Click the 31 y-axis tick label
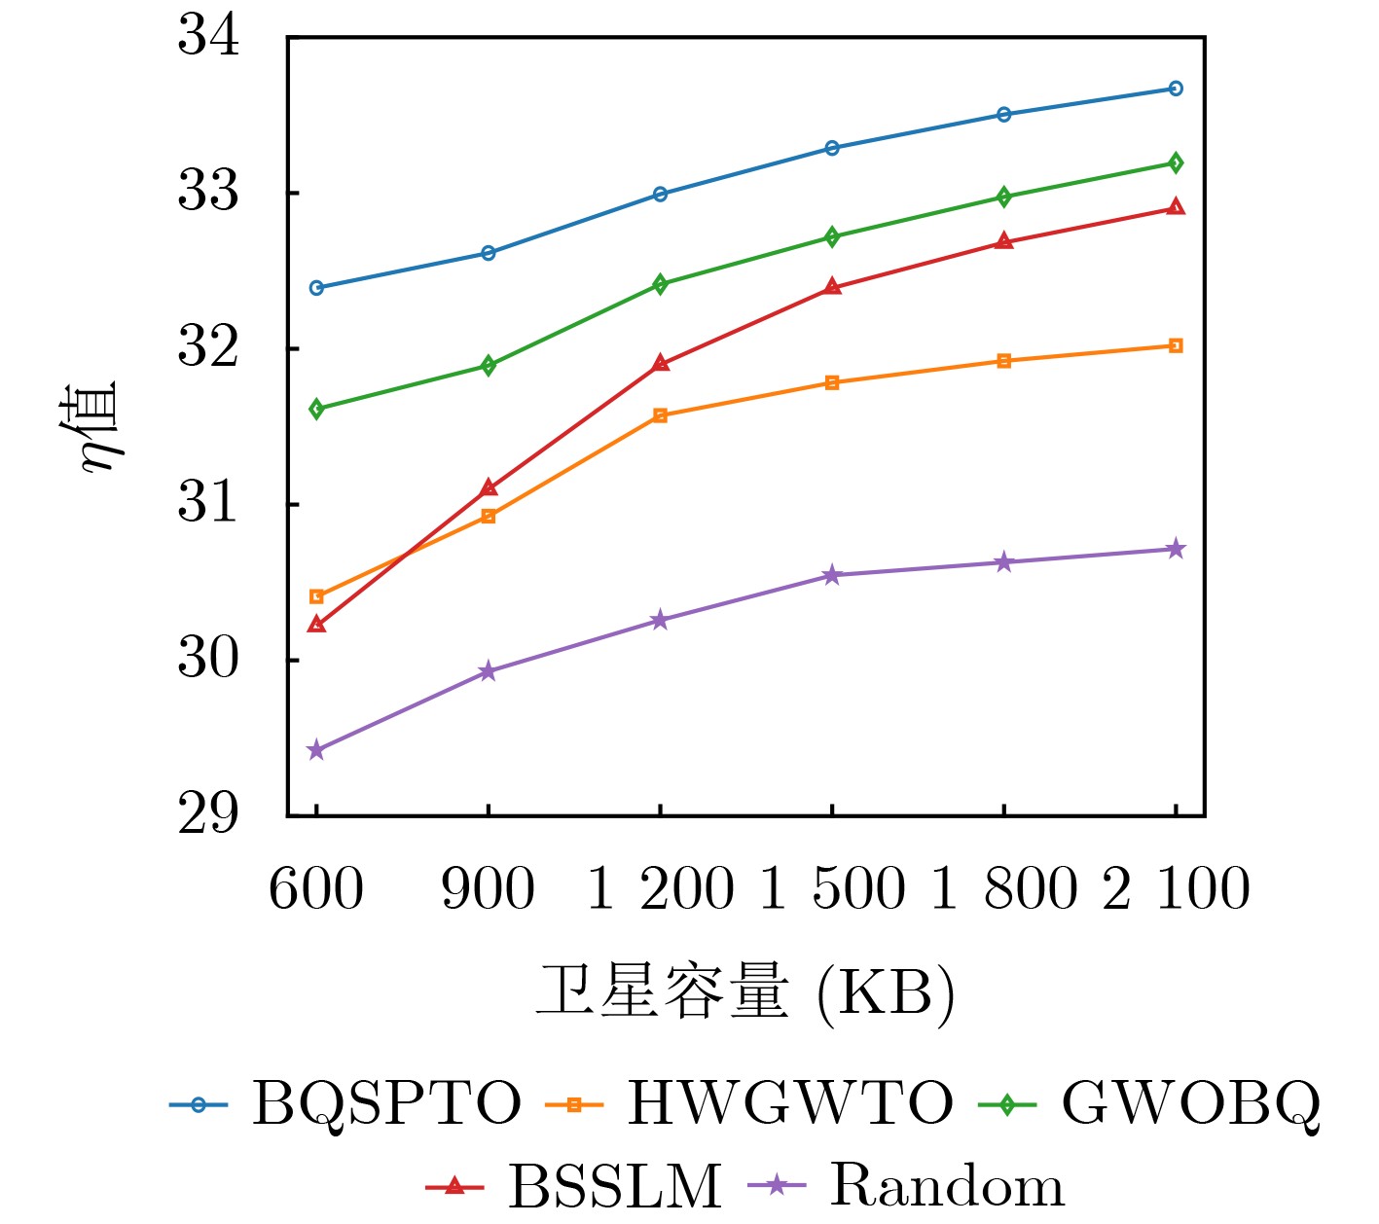point(207,504)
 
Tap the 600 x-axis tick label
point(316,888)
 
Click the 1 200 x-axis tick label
point(660,888)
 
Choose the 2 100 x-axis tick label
point(1176,888)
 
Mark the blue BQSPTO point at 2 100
point(1176,89)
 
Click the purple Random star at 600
point(316,750)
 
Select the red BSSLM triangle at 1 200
point(660,363)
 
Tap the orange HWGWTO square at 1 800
point(1004,361)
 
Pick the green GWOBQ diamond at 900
point(489,366)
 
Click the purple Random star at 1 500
point(832,576)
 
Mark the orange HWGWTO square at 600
point(316,596)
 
